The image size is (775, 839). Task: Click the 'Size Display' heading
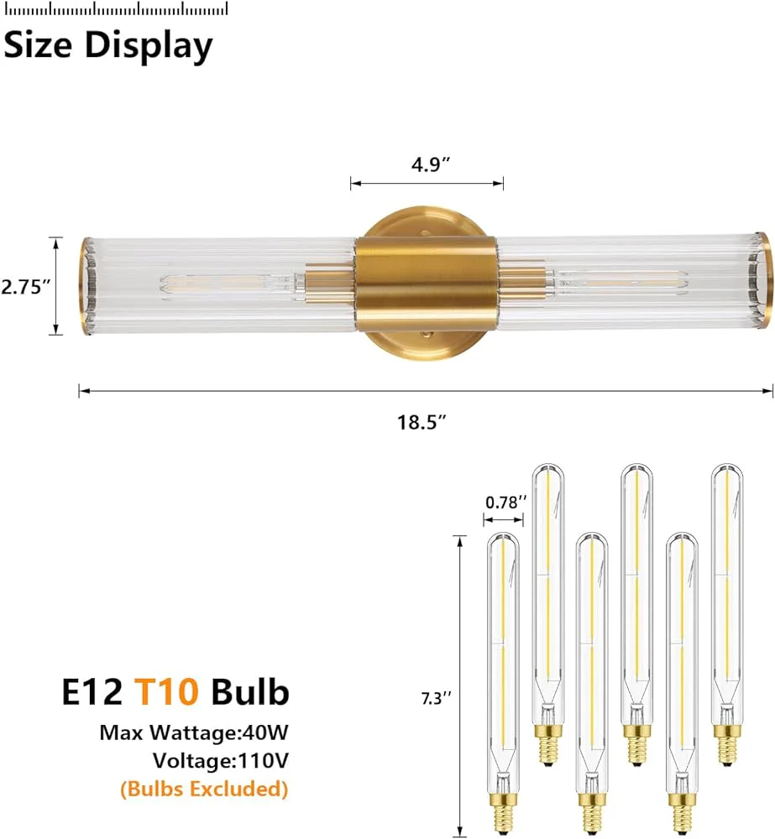[108, 46]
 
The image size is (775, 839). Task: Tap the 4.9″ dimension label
[431, 164]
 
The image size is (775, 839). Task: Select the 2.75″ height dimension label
[25, 287]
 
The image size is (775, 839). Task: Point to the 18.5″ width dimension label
[422, 422]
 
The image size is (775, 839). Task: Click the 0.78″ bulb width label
[506, 503]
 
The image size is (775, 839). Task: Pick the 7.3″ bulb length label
[437, 698]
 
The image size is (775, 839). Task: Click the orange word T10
[166, 691]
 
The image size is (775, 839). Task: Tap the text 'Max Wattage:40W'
[194, 732]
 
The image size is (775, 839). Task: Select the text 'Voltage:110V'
[221, 760]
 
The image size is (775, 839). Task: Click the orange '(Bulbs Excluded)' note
[204, 789]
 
